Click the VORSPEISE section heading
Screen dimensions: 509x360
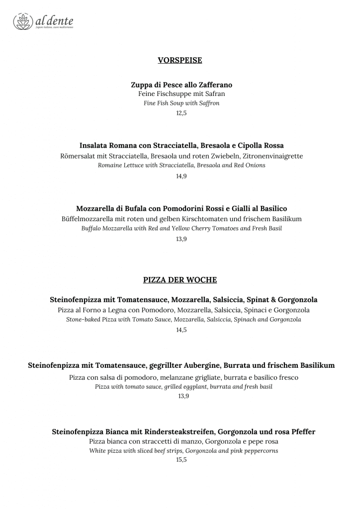coord(180,60)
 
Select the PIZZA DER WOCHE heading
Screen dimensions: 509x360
coord(180,280)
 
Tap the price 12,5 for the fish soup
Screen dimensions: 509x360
coord(181,113)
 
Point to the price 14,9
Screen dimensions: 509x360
coord(181,176)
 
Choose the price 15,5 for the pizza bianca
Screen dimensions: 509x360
coord(181,460)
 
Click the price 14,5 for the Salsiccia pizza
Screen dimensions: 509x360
coord(181,330)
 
